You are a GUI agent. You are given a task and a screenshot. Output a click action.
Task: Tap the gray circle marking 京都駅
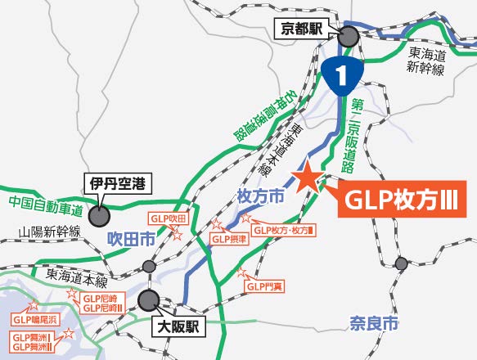coord(349,37)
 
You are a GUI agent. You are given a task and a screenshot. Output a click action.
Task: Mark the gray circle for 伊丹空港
coord(100,216)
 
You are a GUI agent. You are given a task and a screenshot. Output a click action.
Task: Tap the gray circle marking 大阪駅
coord(150,299)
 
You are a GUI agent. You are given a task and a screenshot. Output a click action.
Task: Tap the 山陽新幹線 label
coord(49,233)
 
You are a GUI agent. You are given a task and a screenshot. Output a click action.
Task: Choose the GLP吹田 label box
coord(168,218)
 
